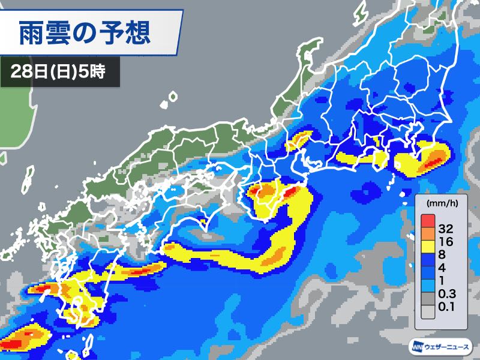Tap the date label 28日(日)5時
pos(58,72)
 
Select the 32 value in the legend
pos(445,227)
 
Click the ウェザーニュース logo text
pos(449,347)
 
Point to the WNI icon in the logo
pos(417,347)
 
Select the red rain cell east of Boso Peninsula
pos(433,161)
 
